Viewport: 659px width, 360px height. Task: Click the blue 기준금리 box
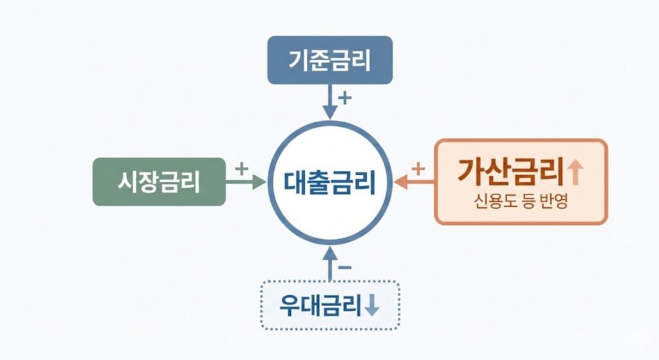(x=329, y=60)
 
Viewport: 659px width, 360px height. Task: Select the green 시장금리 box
(x=159, y=182)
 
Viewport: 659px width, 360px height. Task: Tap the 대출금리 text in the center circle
(x=329, y=182)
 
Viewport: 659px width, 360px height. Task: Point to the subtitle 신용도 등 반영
(x=521, y=201)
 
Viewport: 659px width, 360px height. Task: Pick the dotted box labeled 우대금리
(x=330, y=305)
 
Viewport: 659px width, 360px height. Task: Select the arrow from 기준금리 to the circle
(x=329, y=101)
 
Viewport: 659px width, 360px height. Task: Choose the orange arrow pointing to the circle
(x=414, y=183)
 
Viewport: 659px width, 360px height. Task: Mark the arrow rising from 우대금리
(x=330, y=264)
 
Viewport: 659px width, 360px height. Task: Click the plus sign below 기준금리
(x=346, y=99)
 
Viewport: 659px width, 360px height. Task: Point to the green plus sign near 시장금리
(x=241, y=169)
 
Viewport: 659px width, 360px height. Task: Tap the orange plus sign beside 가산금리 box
(x=418, y=170)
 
